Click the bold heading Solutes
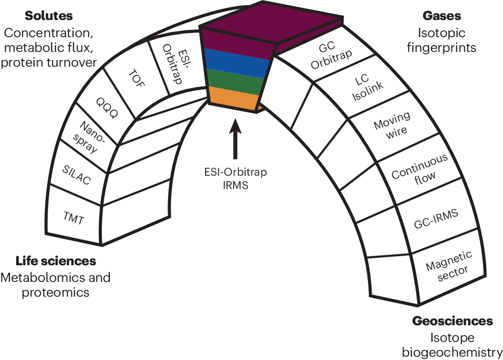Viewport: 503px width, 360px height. click(x=49, y=16)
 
